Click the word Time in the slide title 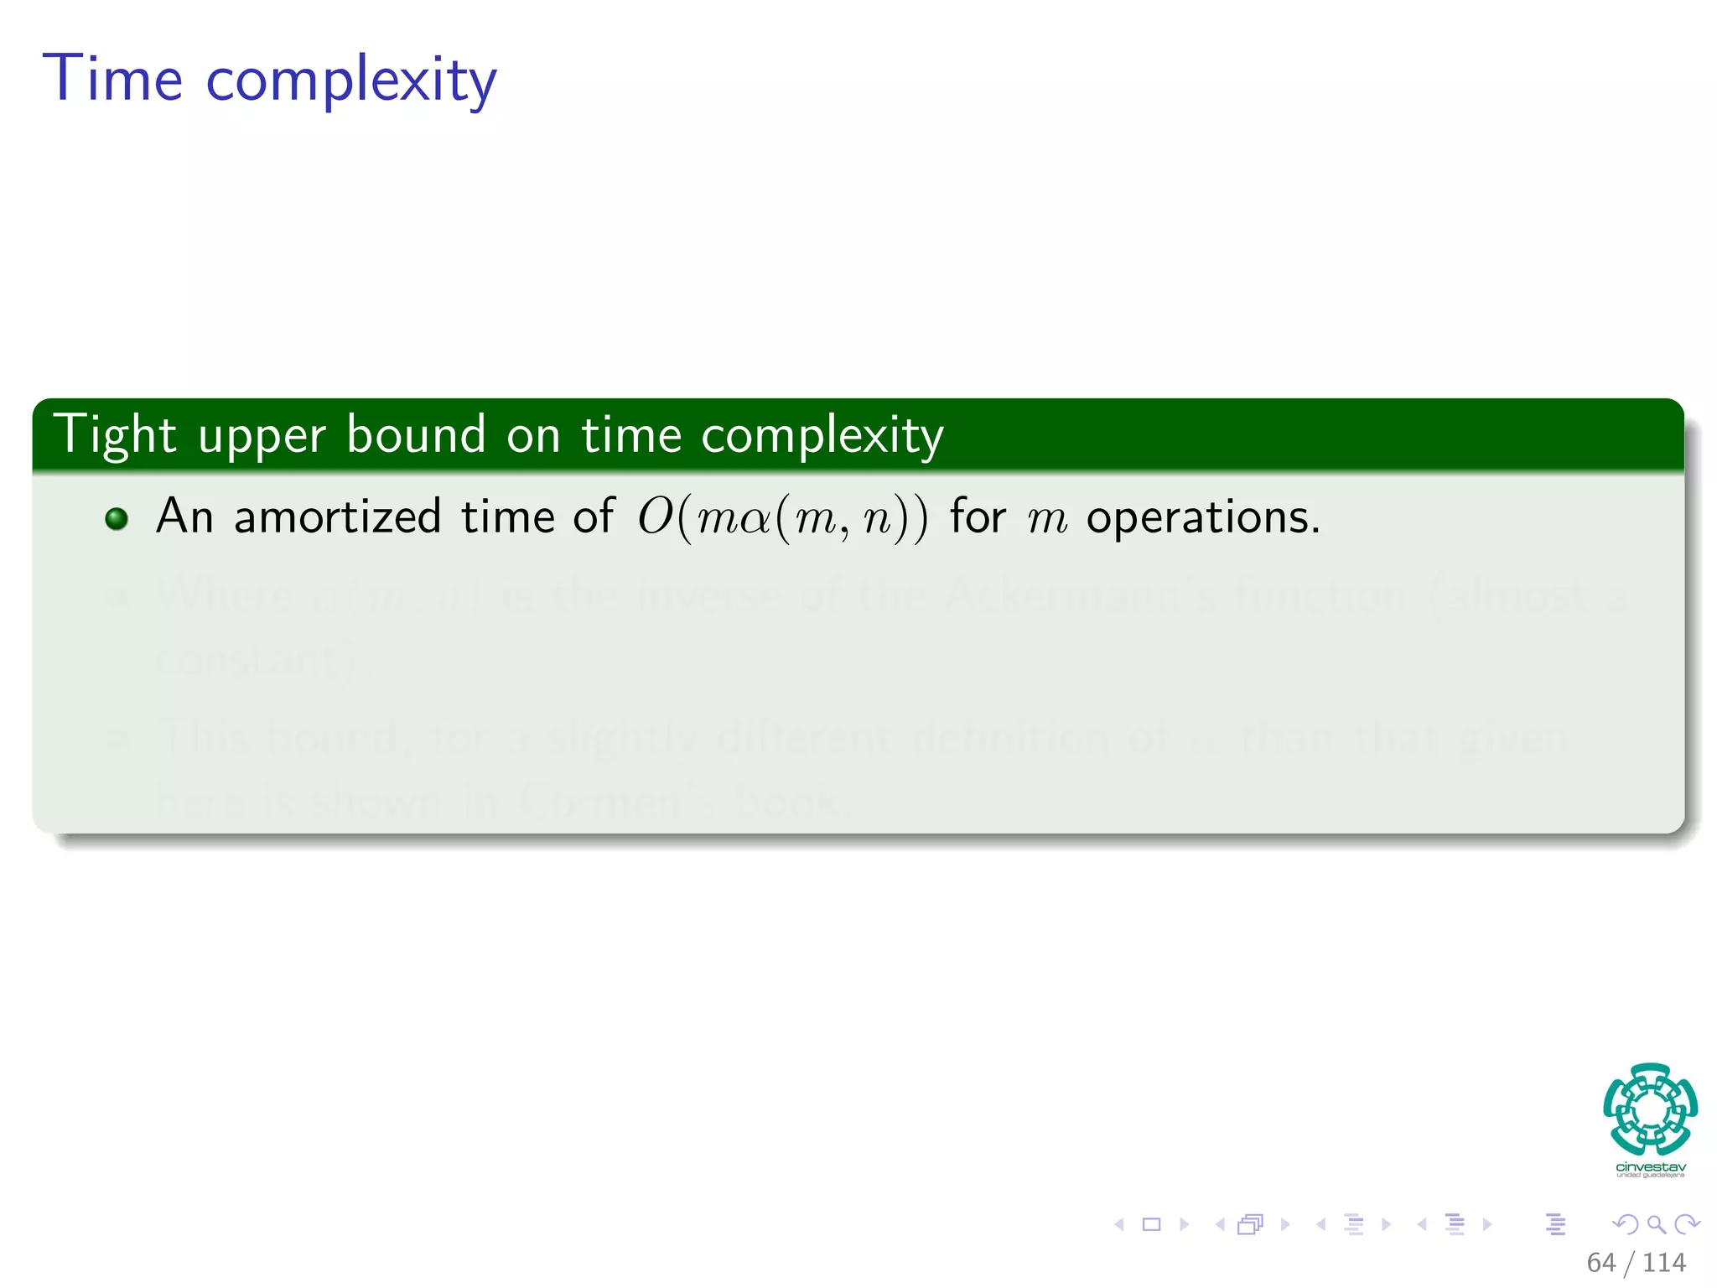112,79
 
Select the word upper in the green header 262,438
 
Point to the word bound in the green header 416,434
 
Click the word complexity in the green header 822,437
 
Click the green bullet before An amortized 117,519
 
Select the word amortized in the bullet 337,517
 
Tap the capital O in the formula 655,517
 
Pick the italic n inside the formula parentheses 877,520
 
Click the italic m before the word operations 1047,520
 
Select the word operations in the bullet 1202,518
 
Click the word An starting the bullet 184,516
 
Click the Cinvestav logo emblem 1650,1109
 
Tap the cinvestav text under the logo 1650,1167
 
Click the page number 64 1600,1262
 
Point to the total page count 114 1664,1262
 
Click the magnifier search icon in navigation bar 1656,1224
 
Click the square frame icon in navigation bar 1151,1224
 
